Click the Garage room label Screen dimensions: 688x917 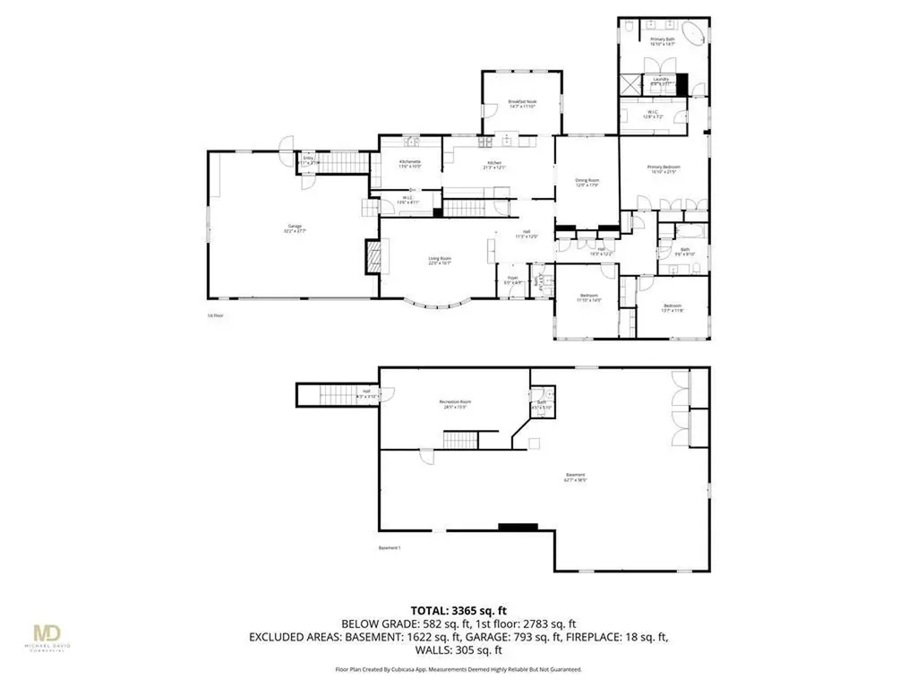click(295, 228)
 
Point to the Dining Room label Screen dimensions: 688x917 click(587, 182)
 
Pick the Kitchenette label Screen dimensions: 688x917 click(409, 163)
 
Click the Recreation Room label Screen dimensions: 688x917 click(455, 402)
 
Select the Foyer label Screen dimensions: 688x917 click(513, 279)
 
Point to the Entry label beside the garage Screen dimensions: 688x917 click(308, 161)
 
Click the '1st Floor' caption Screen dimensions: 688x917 click(214, 315)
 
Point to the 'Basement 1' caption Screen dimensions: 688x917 click(389, 548)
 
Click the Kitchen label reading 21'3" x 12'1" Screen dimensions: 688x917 click(495, 166)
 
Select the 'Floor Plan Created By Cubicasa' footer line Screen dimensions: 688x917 click(458, 669)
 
